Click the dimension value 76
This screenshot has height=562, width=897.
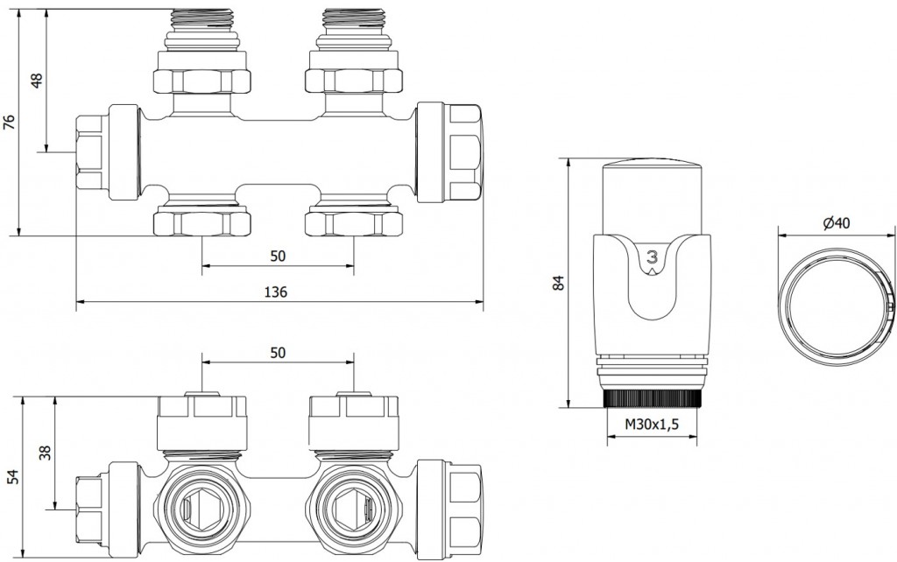click(10, 121)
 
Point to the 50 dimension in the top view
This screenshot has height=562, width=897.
click(278, 256)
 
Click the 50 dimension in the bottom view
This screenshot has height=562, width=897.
click(278, 352)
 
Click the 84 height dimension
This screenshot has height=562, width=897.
click(560, 283)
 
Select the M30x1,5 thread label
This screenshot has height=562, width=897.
click(653, 425)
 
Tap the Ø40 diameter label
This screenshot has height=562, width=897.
click(837, 223)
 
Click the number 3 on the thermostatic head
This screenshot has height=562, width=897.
click(651, 257)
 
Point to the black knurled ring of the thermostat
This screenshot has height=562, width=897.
click(653, 399)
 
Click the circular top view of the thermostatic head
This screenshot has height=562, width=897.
click(835, 298)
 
